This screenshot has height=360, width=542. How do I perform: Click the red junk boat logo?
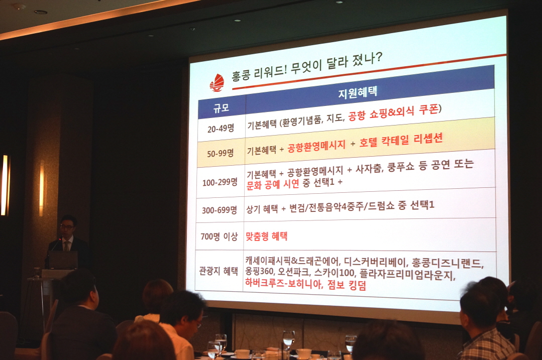[216, 83]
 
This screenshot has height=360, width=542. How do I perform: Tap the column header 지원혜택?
[358, 92]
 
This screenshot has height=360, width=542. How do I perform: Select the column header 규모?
[221, 108]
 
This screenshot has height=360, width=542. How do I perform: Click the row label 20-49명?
[221, 129]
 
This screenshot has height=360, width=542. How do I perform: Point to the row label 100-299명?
[220, 182]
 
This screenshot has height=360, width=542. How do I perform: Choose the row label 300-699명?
[219, 210]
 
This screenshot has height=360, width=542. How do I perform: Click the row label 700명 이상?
[219, 236]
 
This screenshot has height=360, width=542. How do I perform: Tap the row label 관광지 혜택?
[219, 271]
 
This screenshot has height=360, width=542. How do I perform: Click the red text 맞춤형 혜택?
[267, 236]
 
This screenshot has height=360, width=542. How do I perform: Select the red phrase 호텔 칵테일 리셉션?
[401, 140]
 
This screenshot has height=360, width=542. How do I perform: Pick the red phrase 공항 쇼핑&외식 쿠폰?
[393, 112]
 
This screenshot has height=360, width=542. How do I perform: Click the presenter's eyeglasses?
[67, 227]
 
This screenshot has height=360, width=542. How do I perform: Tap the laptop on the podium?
[62, 260]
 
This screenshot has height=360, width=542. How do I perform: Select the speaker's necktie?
[67, 246]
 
